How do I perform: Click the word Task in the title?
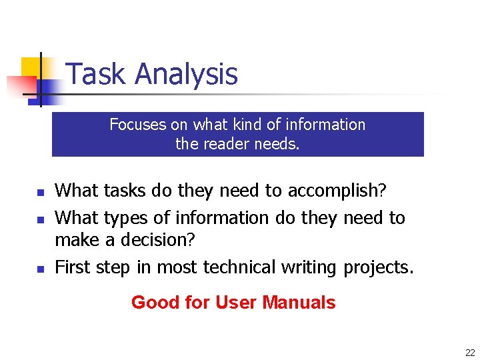point(97,74)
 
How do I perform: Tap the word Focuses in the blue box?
point(137,125)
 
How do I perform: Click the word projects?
point(378,267)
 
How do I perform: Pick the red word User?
point(235,303)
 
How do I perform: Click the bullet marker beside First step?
point(39,269)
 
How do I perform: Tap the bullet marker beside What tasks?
point(39,193)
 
